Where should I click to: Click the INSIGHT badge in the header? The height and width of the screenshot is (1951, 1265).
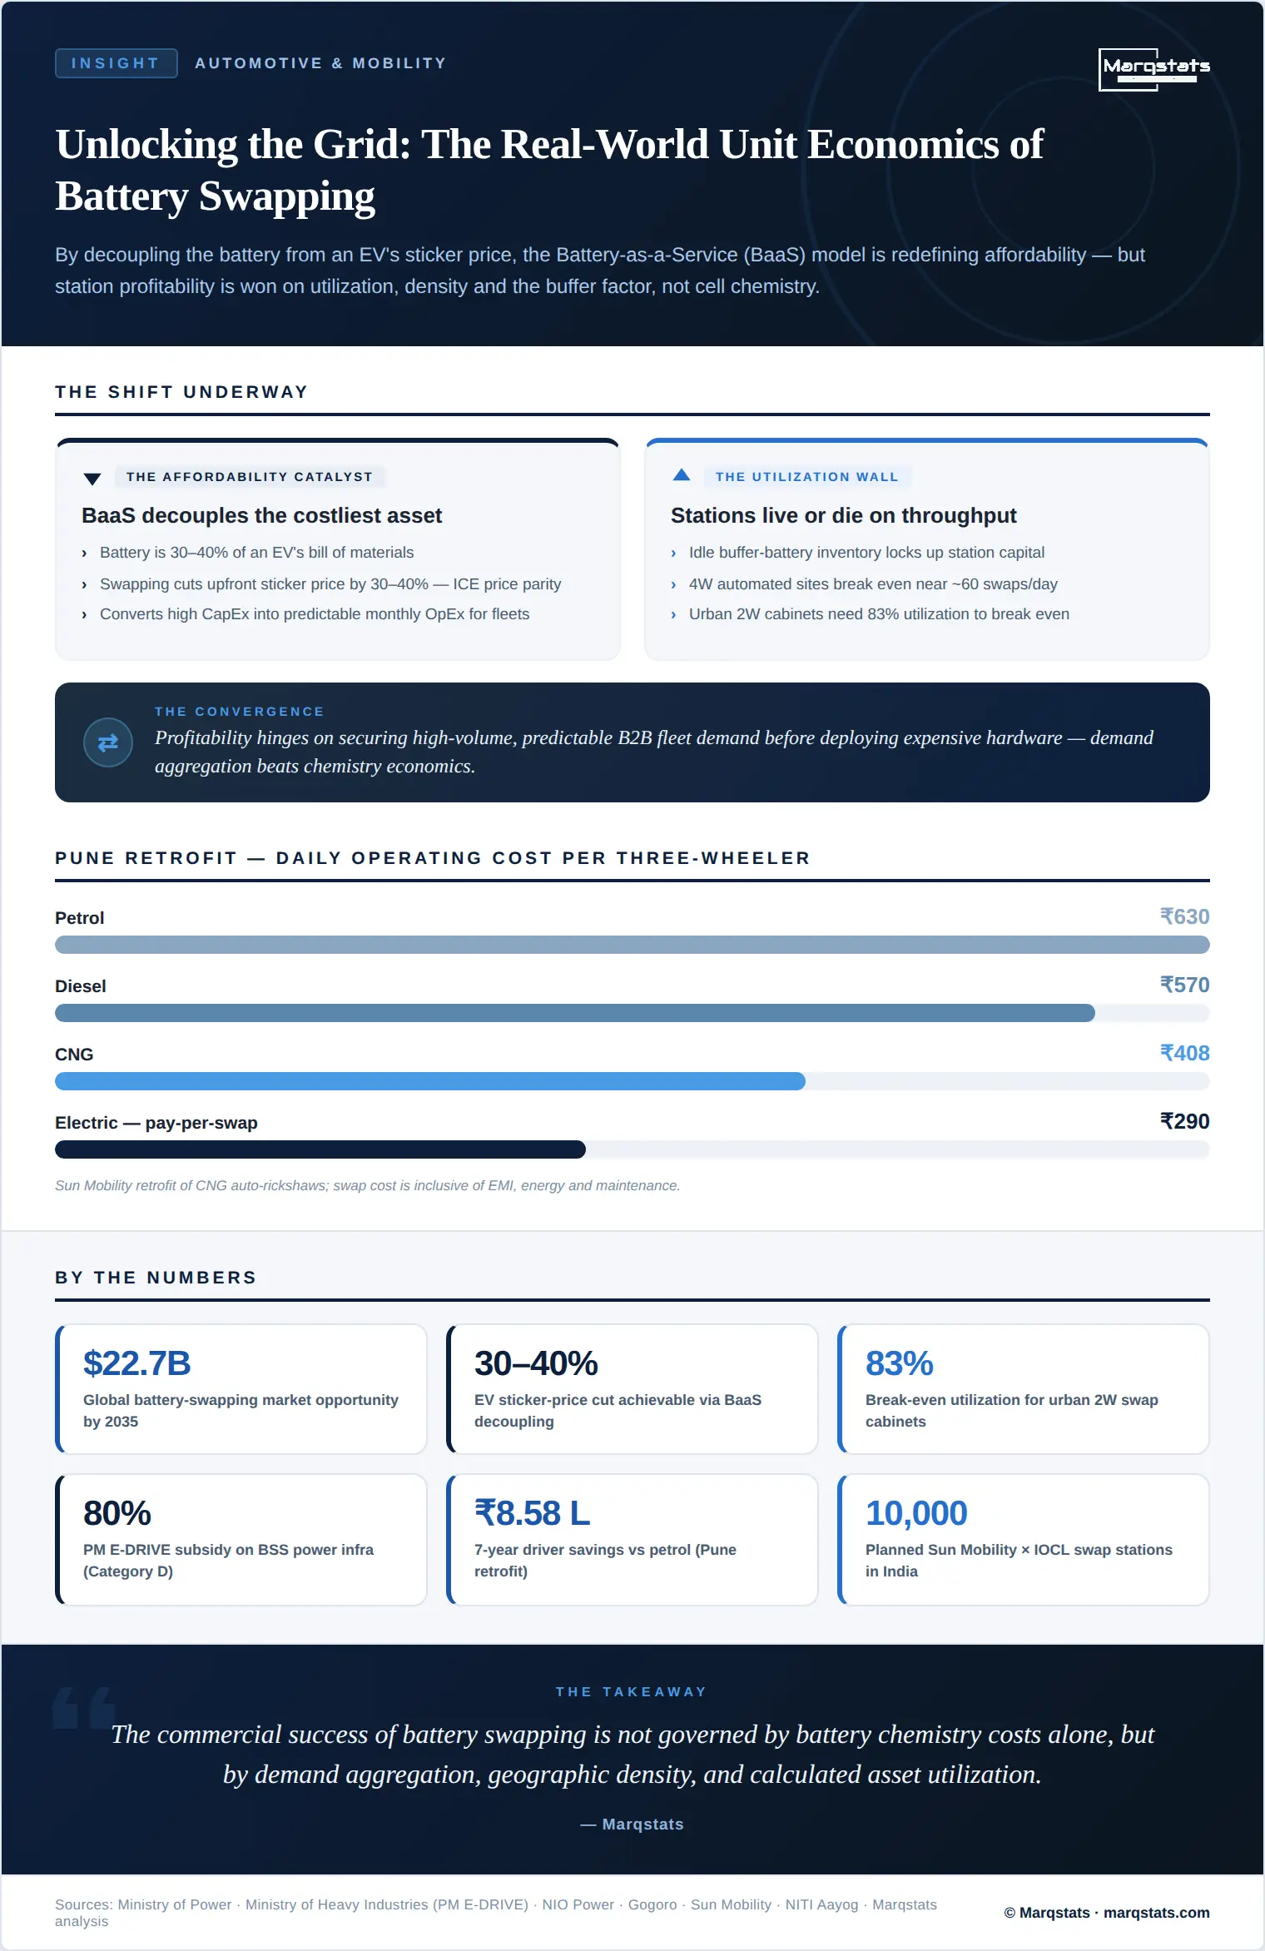[116, 63]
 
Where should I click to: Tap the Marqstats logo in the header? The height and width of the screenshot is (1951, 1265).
[1156, 69]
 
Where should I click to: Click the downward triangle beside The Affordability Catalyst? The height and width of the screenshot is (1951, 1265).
[92, 479]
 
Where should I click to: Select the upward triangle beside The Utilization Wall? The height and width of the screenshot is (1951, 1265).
[682, 475]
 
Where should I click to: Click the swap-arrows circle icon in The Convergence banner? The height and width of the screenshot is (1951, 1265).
[108, 742]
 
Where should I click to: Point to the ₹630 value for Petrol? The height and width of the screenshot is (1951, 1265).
[1184, 916]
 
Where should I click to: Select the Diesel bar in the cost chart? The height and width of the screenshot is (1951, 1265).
[575, 1013]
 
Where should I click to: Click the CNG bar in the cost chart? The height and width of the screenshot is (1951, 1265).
[430, 1081]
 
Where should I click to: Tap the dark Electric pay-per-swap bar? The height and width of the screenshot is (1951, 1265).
[320, 1149]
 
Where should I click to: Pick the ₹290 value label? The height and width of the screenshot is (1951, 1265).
[1184, 1121]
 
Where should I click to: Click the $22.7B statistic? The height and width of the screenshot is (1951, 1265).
[137, 1363]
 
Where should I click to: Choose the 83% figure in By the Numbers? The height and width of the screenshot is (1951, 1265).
[900, 1363]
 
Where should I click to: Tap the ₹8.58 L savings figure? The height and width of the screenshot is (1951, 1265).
[533, 1513]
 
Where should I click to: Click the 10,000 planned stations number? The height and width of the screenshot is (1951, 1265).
[916, 1513]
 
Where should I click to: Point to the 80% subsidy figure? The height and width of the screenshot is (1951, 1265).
[117, 1513]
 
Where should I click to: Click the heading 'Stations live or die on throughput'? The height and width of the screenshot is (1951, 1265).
[844, 515]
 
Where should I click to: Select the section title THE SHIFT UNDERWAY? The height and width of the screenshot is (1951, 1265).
[181, 392]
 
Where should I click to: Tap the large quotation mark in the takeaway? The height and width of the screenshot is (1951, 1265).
[84, 1708]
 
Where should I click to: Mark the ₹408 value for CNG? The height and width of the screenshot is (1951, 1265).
[1184, 1053]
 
